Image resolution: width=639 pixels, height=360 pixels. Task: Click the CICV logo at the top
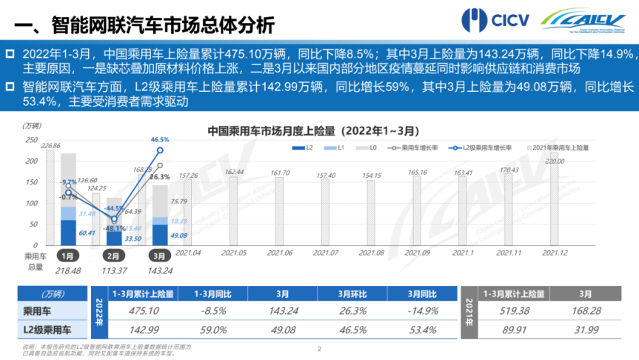click(495, 20)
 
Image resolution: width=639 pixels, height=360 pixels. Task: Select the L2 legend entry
click(303, 148)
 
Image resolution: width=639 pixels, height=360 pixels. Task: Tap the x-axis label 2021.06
click(278, 253)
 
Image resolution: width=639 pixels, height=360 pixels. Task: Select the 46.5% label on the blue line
click(159, 139)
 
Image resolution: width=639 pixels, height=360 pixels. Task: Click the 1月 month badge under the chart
click(67, 256)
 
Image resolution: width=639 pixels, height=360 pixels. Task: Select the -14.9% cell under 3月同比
click(420, 311)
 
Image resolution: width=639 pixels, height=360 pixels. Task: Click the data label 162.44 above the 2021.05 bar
click(234, 172)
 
